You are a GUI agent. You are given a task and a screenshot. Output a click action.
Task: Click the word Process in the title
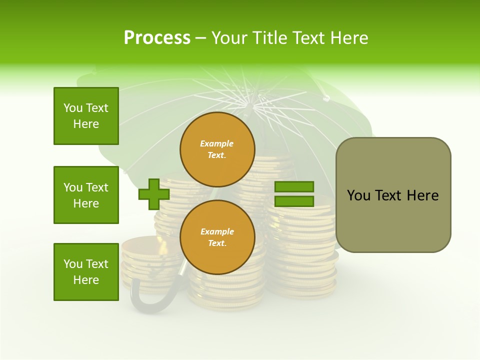157,38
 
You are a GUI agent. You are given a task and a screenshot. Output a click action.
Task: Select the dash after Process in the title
200,38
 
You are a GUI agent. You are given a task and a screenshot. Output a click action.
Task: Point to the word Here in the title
348,38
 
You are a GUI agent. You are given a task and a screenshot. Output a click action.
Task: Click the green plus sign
154,194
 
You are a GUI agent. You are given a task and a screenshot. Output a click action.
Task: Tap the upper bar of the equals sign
294,186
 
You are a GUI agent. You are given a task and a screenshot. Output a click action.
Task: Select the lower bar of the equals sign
294,201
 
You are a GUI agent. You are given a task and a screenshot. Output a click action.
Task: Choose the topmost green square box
86,116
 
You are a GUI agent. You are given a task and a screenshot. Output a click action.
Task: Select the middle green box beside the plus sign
86,195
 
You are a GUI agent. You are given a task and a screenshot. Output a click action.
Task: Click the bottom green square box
86,272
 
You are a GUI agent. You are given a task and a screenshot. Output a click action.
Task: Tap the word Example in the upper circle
216,143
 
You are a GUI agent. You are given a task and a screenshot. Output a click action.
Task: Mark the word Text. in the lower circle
217,243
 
